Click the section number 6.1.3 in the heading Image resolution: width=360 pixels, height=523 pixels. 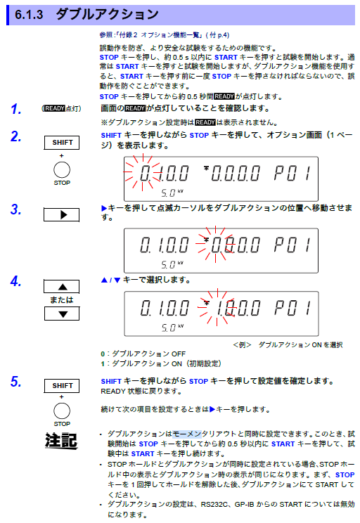[x=30, y=13]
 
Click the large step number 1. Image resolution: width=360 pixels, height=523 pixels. [x=15, y=109]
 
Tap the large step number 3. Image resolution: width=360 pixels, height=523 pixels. [x=15, y=209]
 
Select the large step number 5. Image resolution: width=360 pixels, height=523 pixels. [x=15, y=382]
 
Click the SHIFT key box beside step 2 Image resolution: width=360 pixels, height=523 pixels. [x=62, y=143]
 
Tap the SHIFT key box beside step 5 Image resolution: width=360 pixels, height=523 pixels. [x=62, y=385]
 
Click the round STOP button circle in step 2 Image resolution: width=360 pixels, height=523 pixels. [x=62, y=169]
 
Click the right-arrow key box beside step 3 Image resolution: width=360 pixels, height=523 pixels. [x=62, y=214]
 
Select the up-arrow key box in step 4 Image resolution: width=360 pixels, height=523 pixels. [x=62, y=286]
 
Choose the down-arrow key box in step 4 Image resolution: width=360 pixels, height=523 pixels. [x=62, y=313]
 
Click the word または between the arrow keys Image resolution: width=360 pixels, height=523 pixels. [x=61, y=299]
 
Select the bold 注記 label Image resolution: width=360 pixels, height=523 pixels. [x=61, y=441]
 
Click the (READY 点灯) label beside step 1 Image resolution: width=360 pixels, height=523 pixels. [x=62, y=109]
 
